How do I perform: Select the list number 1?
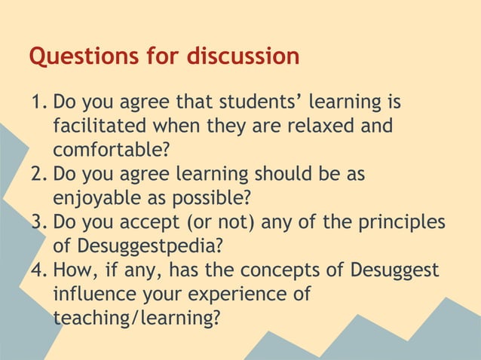[38, 102]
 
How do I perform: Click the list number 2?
[38, 174]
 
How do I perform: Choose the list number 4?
[38, 270]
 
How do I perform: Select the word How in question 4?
[72, 270]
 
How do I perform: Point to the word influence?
[95, 294]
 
